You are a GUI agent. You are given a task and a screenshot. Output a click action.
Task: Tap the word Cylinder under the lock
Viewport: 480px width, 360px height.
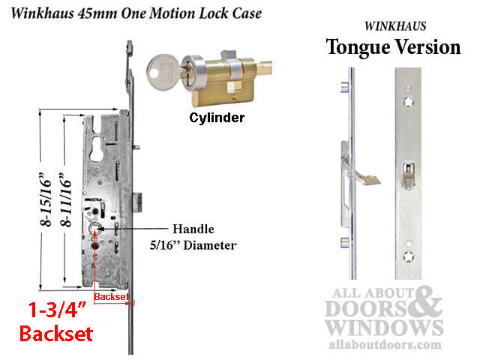[216, 118]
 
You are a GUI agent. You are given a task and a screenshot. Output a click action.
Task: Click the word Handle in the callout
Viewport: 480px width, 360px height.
[193, 229]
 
